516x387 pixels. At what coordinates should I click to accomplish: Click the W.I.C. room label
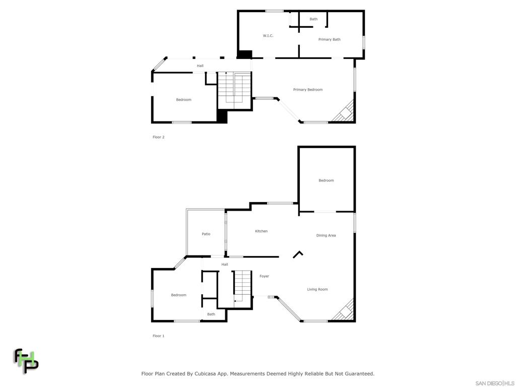click(x=268, y=36)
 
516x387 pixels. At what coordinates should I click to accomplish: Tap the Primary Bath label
click(x=329, y=39)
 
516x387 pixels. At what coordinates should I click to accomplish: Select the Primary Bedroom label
click(x=308, y=90)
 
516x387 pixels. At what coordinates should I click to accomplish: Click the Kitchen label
click(x=261, y=231)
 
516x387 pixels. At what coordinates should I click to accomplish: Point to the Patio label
click(x=206, y=234)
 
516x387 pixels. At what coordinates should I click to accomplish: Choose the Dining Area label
click(x=326, y=235)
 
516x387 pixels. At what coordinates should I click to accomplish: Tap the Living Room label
click(x=317, y=289)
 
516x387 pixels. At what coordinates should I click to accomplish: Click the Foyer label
click(x=264, y=276)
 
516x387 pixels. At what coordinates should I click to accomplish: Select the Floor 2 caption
click(x=159, y=137)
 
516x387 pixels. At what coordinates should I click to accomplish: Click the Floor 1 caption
click(x=159, y=336)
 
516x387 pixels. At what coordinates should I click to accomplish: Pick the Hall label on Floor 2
click(x=200, y=66)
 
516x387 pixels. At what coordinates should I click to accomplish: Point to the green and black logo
click(x=25, y=361)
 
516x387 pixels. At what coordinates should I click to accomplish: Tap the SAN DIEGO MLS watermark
click(x=494, y=383)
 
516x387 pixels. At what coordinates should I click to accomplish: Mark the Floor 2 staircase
click(x=234, y=91)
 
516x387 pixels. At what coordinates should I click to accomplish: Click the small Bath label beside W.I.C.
click(x=313, y=19)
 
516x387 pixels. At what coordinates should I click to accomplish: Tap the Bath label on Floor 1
click(x=211, y=314)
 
